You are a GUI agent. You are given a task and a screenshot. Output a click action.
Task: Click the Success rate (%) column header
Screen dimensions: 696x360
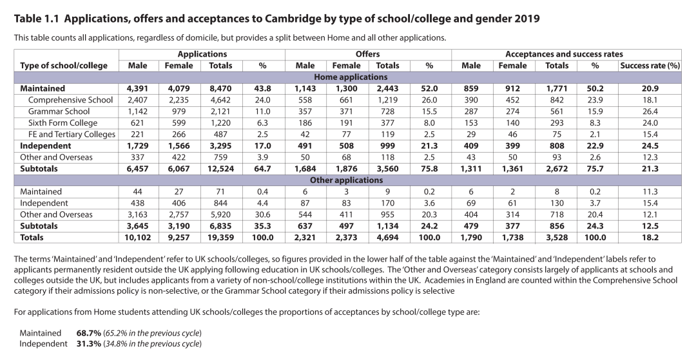650,66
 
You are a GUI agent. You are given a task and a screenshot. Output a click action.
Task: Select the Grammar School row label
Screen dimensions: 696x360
59,111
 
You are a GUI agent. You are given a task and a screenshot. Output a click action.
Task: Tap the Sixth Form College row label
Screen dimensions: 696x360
63,123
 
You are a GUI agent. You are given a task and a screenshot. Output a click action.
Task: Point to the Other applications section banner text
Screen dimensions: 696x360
346,180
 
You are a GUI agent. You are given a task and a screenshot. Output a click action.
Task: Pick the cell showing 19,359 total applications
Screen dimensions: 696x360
220,237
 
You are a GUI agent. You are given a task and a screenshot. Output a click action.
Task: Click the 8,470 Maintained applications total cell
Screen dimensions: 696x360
220,88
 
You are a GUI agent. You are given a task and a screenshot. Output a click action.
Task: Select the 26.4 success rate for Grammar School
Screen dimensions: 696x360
650,111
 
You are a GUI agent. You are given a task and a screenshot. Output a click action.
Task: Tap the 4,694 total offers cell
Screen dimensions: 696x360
387,237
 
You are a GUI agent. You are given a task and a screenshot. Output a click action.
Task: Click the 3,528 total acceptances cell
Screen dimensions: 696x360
557,237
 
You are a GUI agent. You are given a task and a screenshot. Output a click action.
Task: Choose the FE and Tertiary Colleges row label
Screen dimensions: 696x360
72,135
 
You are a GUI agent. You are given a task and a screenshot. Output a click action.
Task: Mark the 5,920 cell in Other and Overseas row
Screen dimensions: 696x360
220,214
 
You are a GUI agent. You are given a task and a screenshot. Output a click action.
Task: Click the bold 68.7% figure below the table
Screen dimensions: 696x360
89,333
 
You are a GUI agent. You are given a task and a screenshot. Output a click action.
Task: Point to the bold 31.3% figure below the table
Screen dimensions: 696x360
89,344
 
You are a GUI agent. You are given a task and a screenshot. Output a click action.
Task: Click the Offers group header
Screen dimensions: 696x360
367,54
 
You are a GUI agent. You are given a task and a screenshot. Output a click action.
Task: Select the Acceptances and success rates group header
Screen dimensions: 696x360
564,54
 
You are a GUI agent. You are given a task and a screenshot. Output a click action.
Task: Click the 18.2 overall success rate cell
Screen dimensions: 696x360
650,237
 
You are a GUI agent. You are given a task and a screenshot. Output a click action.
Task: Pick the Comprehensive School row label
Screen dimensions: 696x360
70,100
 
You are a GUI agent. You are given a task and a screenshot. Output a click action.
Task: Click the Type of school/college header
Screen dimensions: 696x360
64,66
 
